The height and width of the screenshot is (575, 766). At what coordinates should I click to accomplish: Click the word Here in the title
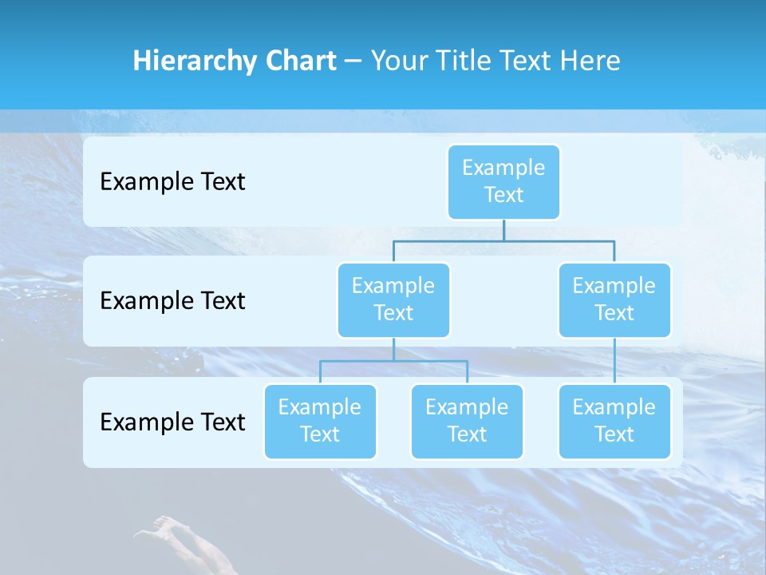click(x=590, y=61)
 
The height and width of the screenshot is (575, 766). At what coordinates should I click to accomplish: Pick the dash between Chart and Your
click(x=353, y=61)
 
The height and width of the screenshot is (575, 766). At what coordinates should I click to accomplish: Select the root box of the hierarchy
click(x=503, y=181)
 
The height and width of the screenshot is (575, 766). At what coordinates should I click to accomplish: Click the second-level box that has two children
click(x=393, y=299)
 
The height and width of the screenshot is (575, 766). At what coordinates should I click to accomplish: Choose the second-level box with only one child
click(x=614, y=299)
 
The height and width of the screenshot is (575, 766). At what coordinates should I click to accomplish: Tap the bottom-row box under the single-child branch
click(x=614, y=421)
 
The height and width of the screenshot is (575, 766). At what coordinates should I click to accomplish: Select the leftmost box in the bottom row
click(x=320, y=421)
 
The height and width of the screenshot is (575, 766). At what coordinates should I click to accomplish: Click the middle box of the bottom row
click(x=467, y=421)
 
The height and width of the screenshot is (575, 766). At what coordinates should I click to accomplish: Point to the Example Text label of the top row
click(x=172, y=182)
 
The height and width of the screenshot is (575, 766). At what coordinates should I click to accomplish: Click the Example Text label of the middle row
click(x=172, y=301)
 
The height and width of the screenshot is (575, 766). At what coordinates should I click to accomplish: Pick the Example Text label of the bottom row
click(x=172, y=422)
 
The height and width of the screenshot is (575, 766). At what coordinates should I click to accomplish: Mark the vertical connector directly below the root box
click(x=503, y=230)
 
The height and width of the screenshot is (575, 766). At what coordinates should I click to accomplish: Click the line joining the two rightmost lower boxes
click(x=614, y=361)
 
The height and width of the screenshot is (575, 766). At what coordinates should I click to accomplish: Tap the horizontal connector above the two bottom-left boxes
click(x=393, y=361)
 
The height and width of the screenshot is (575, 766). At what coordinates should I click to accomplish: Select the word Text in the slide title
click(x=527, y=61)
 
